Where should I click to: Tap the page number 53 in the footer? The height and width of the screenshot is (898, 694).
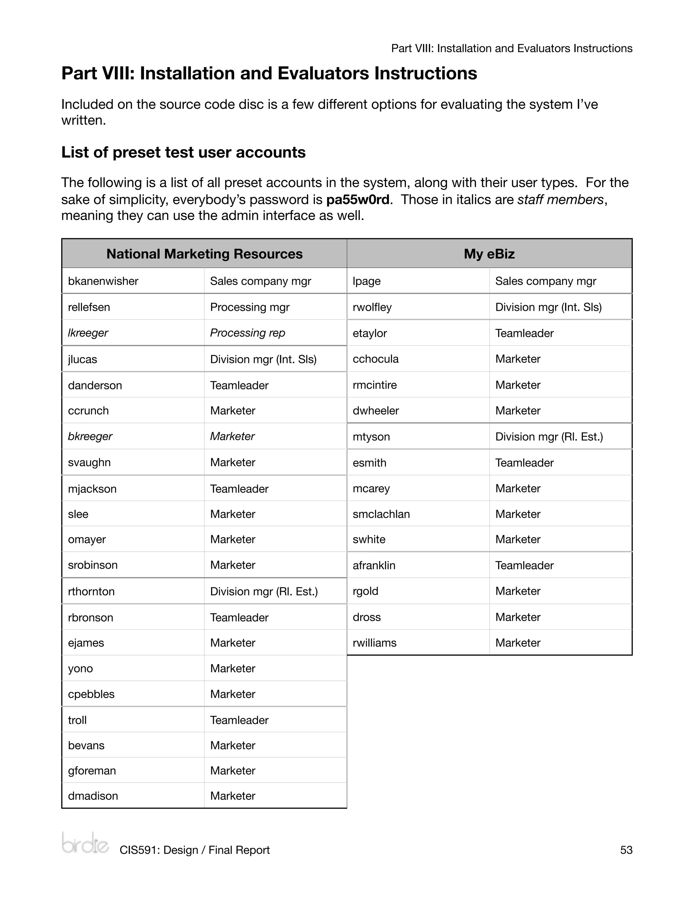click(x=626, y=850)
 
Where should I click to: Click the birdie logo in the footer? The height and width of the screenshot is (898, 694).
click(x=85, y=843)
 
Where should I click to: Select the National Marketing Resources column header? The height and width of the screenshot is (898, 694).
click(x=204, y=254)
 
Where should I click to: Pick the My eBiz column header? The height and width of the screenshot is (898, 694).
click(x=489, y=254)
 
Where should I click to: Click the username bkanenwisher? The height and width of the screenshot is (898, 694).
click(x=103, y=281)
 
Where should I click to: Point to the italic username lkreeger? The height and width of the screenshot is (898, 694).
click(x=88, y=333)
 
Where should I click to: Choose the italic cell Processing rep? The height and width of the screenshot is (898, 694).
click(x=247, y=333)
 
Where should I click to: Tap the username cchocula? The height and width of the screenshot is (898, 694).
click(x=375, y=359)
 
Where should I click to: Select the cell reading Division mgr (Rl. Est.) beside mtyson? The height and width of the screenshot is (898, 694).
click(x=549, y=437)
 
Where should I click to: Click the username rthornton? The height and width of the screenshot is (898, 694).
click(x=91, y=591)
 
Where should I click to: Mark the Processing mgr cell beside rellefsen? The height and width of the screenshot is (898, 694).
click(x=249, y=307)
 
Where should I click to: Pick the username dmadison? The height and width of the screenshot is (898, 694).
click(x=93, y=796)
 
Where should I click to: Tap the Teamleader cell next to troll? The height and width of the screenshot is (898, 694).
click(x=239, y=720)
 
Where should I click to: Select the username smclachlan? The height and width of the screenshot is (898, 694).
click(x=381, y=514)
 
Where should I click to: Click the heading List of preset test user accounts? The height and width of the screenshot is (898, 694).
click(x=183, y=152)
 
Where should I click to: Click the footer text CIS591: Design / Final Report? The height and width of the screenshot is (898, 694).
click(x=195, y=850)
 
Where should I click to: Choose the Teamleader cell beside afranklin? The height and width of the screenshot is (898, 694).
click(x=524, y=565)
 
